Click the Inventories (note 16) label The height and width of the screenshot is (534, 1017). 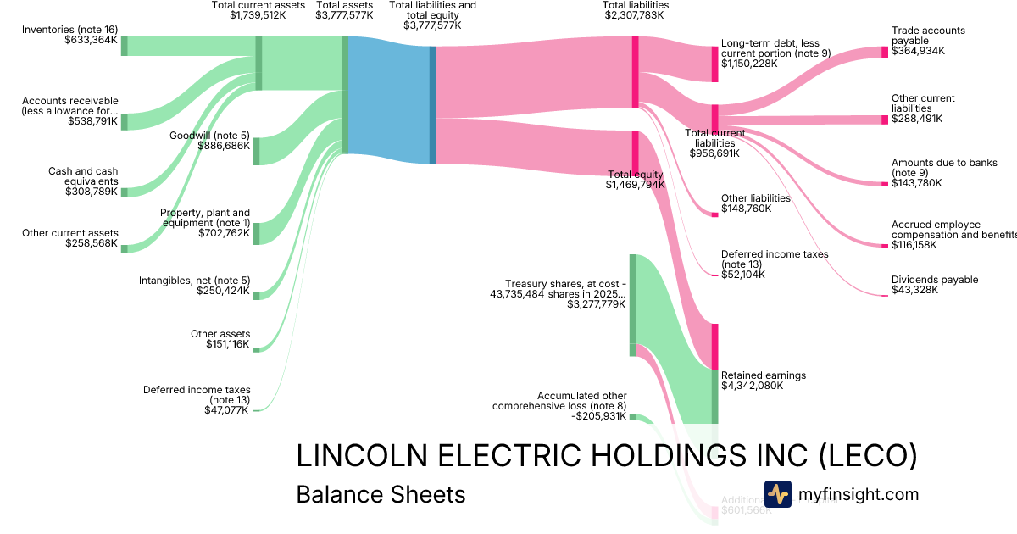[x=69, y=29]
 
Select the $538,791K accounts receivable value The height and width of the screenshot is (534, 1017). [x=92, y=121]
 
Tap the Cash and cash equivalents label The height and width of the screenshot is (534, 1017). [x=83, y=176]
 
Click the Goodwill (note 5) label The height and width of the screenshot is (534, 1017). [x=209, y=136]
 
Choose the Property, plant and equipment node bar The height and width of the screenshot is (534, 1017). [x=257, y=232]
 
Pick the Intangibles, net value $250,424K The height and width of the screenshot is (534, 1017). [x=224, y=291]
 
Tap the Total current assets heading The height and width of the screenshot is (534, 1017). [x=258, y=6]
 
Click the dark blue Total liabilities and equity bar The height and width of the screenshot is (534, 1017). [x=432, y=104]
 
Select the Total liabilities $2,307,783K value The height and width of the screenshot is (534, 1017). [x=635, y=16]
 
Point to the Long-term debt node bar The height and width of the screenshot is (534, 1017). [x=714, y=64]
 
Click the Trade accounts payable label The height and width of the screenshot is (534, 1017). [x=928, y=36]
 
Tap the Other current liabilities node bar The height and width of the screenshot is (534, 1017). [x=885, y=120]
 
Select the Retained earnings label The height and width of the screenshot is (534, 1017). [x=763, y=375]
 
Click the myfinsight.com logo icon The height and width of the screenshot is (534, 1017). [x=777, y=494]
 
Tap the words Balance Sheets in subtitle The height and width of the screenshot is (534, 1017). [x=381, y=494]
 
